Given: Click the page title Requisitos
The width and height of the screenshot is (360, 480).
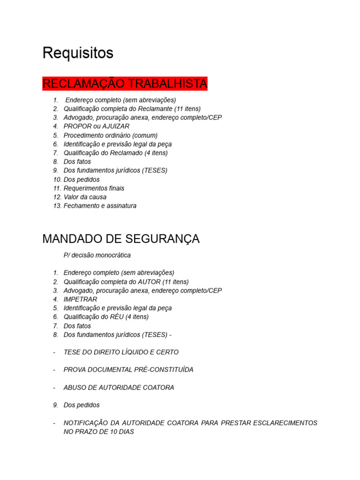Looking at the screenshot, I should (78, 53).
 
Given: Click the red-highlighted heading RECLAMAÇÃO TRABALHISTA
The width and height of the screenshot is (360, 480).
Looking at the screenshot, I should (125, 84).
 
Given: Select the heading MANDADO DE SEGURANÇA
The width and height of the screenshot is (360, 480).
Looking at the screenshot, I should (121, 239).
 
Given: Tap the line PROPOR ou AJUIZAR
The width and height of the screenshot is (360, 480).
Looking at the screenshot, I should (97, 126).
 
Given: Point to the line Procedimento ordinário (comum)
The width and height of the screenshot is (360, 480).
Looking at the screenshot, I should (111, 135).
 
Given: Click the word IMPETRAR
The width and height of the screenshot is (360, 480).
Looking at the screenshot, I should (81, 299).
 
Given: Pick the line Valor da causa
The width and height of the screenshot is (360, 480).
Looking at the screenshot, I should (85, 197).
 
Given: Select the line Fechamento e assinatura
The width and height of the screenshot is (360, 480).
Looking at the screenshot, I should (100, 206).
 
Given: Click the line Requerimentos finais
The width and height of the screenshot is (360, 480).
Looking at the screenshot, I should (94, 188).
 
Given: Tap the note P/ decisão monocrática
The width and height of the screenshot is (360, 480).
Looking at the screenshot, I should (97, 255).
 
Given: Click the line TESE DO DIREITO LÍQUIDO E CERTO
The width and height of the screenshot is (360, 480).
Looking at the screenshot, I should (121, 352).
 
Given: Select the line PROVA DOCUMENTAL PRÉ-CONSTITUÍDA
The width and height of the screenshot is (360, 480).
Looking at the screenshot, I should (128, 370).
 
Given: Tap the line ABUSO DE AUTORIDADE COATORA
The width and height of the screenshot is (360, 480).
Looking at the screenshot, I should (119, 388).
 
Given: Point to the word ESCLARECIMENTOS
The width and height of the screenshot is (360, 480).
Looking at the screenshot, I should (284, 423).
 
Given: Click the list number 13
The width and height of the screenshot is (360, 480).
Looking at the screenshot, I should (57, 206).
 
